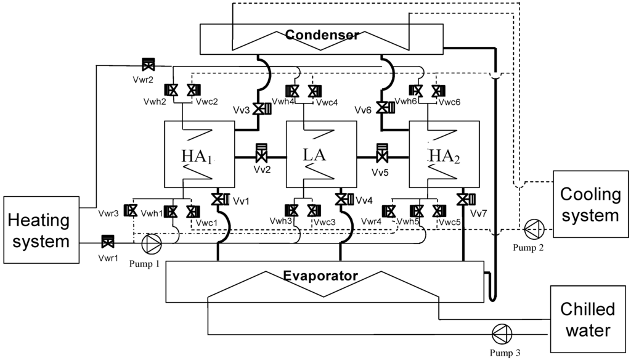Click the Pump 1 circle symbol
pyautogui.click(x=151, y=244)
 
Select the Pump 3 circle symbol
pyautogui.click(x=502, y=333)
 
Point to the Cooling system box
pyautogui.click(x=591, y=205)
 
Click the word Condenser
pyautogui.click(x=321, y=35)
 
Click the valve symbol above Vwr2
pyautogui.click(x=148, y=64)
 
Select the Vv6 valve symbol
pyautogui.click(x=385, y=108)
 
